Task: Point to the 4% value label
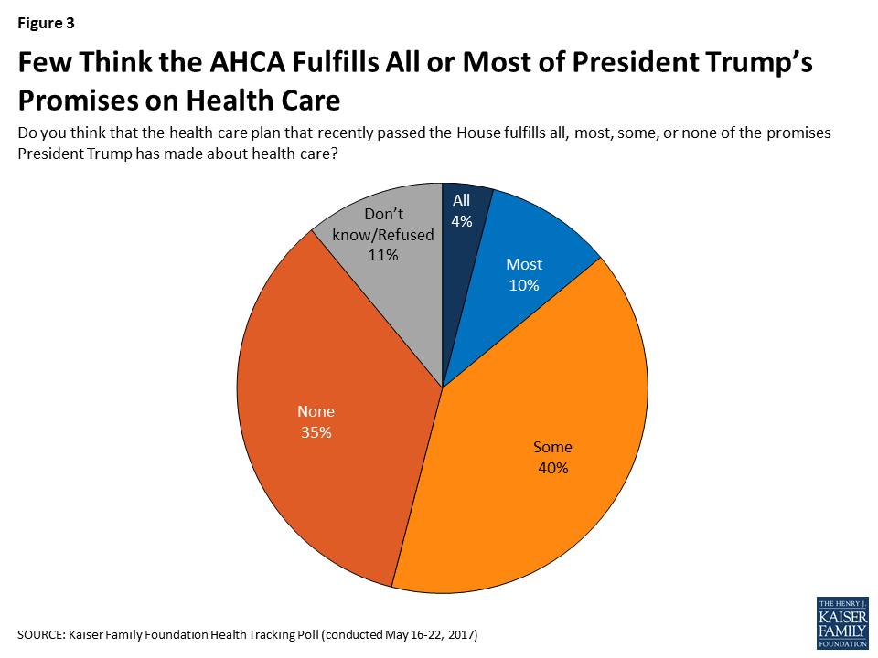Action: tap(461, 220)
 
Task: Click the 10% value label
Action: tap(524, 284)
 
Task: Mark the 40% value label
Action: tap(552, 468)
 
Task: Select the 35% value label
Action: tap(315, 432)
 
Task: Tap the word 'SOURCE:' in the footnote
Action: tap(42, 634)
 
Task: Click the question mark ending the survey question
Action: tap(336, 155)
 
